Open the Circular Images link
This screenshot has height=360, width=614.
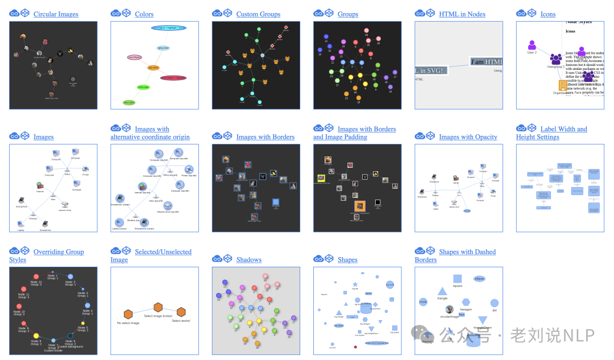point(56,14)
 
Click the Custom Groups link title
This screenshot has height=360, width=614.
point(258,14)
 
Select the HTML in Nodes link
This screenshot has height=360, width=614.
point(462,14)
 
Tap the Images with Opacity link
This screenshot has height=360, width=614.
point(468,137)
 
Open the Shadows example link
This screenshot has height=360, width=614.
point(249,260)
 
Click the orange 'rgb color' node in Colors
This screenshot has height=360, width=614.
point(153,67)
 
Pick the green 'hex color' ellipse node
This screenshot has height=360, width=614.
point(143,87)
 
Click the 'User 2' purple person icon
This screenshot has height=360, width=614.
point(532,45)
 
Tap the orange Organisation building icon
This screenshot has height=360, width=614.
point(563,85)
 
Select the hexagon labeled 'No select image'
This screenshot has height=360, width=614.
point(128,315)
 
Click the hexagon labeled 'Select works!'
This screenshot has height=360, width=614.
point(181,312)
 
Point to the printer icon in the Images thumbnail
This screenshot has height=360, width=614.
point(85,168)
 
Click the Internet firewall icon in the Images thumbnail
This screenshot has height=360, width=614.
point(40,185)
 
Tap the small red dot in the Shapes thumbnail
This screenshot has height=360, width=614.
point(355,346)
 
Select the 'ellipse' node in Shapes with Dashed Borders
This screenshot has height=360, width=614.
point(479,279)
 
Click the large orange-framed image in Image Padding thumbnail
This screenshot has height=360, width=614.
point(359,206)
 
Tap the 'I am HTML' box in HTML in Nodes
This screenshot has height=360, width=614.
point(486,62)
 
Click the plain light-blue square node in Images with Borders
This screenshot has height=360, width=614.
point(276,202)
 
